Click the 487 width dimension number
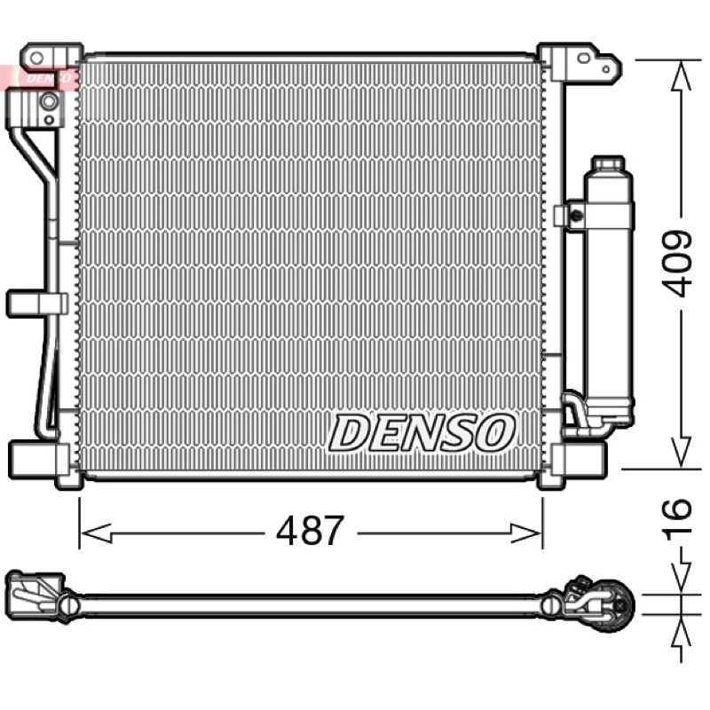pos(310,530)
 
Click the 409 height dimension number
pos(676,264)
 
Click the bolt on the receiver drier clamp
pos(576,216)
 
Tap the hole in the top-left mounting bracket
pos(36,58)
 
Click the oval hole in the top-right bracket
pos(584,58)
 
